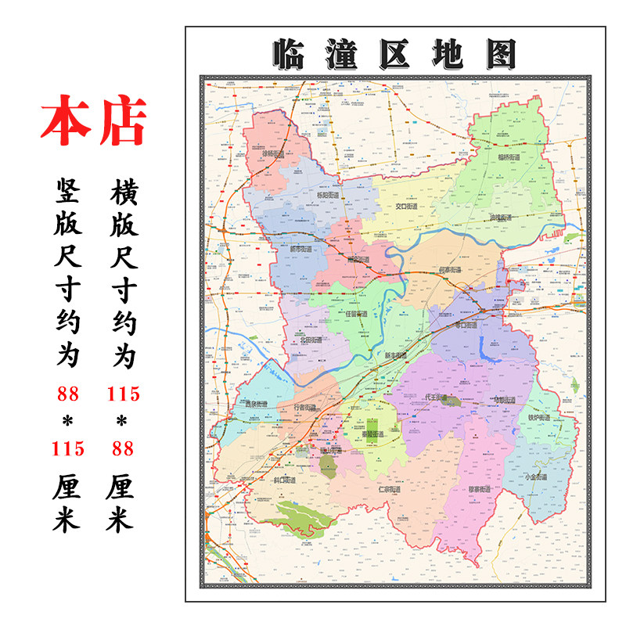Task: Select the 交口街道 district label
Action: coord(408,207)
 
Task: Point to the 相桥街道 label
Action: coord(509,157)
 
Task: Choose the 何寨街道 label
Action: coord(451,270)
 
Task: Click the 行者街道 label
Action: coord(305,408)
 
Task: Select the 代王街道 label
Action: coord(435,398)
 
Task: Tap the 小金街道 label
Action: coord(535,477)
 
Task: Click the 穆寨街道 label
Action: coord(479,489)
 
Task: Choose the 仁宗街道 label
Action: coord(389,490)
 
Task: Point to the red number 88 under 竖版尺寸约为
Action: coord(68,394)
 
